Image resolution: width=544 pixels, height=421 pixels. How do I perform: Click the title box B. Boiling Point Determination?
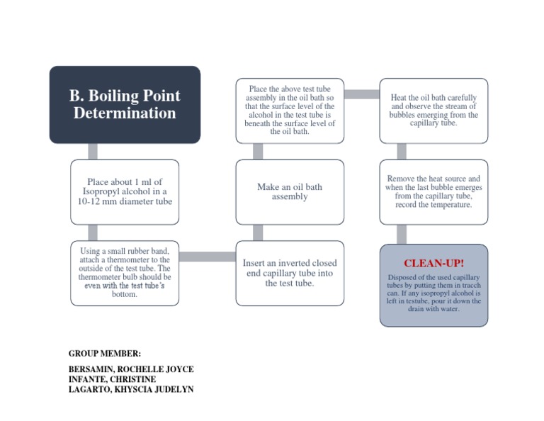pyautogui.click(x=125, y=104)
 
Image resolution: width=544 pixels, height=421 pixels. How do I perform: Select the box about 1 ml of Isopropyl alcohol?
pyautogui.click(x=125, y=191)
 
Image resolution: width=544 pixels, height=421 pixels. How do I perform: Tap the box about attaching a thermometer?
pyautogui.click(x=125, y=273)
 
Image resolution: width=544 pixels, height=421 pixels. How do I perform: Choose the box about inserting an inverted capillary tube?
pyautogui.click(x=290, y=273)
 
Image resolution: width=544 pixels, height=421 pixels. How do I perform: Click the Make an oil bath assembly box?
pyautogui.click(x=290, y=191)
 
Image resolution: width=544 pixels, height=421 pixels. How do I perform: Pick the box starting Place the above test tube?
pyautogui.click(x=290, y=110)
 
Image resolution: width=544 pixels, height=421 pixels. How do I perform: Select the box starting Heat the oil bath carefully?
pyautogui.click(x=433, y=110)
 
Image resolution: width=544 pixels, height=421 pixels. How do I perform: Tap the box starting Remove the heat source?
pyautogui.click(x=433, y=191)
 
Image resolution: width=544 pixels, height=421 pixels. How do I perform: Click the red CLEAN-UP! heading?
pyautogui.click(x=433, y=264)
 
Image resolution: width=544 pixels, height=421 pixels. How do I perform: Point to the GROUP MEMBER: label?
pyautogui.click(x=105, y=353)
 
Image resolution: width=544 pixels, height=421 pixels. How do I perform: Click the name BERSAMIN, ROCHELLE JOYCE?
pyautogui.click(x=131, y=369)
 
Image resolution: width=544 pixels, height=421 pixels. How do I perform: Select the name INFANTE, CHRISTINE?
pyautogui.click(x=112, y=379)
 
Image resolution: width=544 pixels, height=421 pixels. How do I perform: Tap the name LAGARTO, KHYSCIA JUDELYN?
pyautogui.click(x=131, y=389)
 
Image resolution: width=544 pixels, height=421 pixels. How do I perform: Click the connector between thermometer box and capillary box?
pyautogui.click(x=207, y=257)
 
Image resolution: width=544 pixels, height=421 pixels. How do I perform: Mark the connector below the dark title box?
pyautogui.click(x=93, y=151)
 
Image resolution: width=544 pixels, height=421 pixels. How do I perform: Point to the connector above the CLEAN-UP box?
pyautogui.click(x=402, y=234)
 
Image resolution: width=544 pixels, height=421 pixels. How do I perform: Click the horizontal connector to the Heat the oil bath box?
pyautogui.click(x=361, y=94)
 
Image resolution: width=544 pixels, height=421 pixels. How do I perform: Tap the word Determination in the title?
pyautogui.click(x=125, y=113)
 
